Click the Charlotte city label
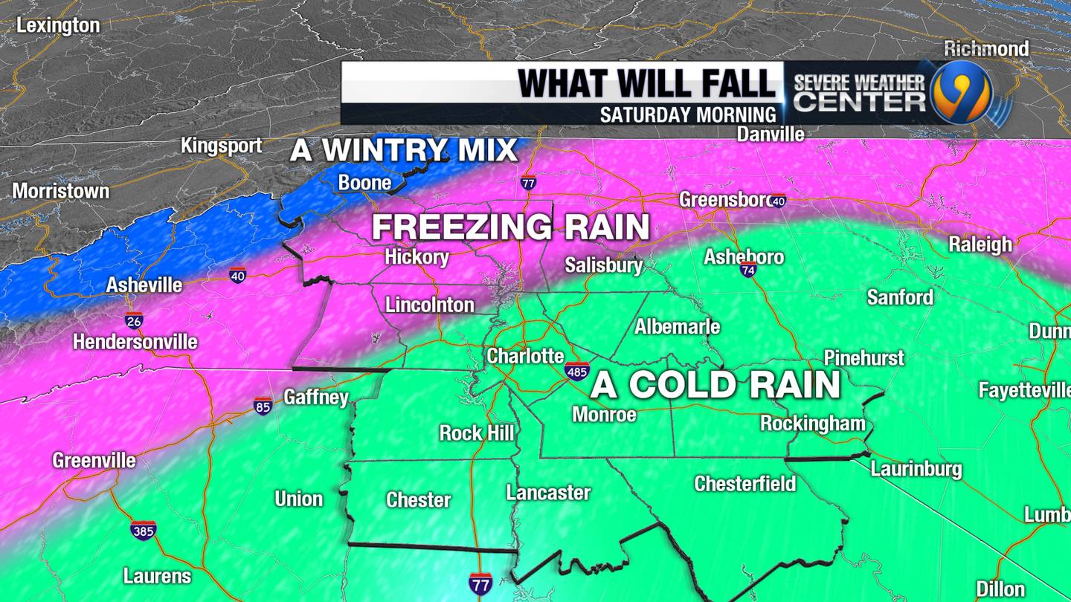click(525, 356)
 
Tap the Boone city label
click(364, 182)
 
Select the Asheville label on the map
click(144, 285)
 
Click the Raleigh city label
click(980, 245)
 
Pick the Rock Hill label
click(476, 433)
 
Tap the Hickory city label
click(416, 258)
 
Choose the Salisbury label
click(603, 265)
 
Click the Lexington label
click(58, 25)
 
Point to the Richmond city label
click(986, 49)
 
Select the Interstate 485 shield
click(577, 371)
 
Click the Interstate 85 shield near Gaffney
click(263, 406)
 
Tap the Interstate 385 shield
click(143, 530)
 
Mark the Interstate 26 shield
click(134, 321)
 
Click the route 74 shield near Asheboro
click(748, 270)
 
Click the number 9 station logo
click(962, 92)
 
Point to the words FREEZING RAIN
click(510, 227)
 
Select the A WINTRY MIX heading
click(404, 150)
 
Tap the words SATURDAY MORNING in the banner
click(688, 115)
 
